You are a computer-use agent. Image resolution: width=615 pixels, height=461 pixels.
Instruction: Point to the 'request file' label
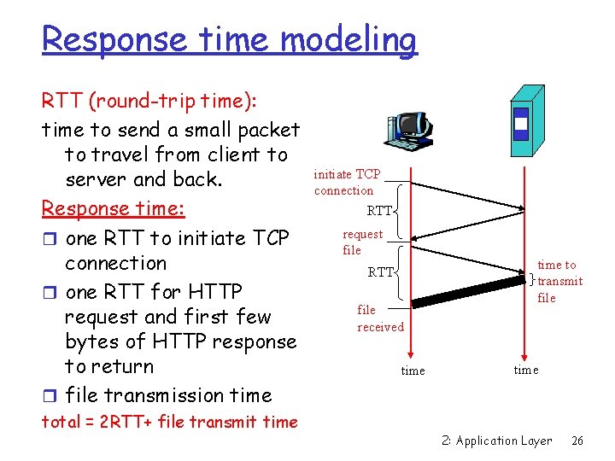[362, 242]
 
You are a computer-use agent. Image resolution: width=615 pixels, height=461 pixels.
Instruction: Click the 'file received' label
[380, 318]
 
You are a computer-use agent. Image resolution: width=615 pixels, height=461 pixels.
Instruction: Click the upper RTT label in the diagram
[378, 210]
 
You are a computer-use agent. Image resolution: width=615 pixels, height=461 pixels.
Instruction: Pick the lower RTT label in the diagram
[380, 272]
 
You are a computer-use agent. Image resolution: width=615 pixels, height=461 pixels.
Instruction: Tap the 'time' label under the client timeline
[413, 371]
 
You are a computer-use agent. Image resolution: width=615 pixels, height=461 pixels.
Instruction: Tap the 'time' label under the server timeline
[525, 370]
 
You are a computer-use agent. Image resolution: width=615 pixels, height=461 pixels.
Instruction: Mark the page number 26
[577, 441]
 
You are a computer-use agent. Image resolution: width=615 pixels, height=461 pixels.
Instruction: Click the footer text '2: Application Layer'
[496, 441]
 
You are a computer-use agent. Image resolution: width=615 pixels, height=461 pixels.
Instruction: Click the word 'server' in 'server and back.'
[96, 179]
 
